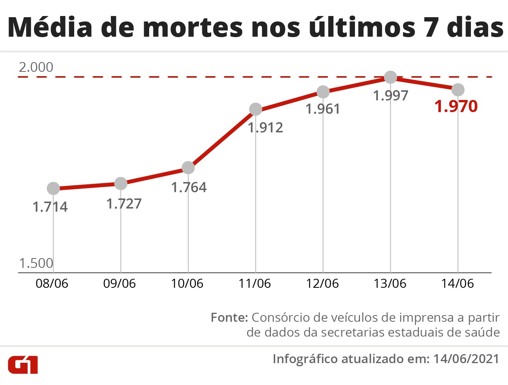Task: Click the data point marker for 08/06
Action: pyautogui.click(x=53, y=189)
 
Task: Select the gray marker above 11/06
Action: pyautogui.click(x=255, y=109)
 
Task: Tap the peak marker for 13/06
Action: pyautogui.click(x=390, y=77)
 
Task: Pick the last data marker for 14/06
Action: pyautogui.click(x=458, y=90)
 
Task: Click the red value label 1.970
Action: pyautogui.click(x=456, y=107)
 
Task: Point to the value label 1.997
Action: pyautogui.click(x=390, y=96)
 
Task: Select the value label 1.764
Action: pyautogui.click(x=189, y=187)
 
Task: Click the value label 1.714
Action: pyautogui.click(x=50, y=207)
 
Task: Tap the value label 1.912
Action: pyautogui.click(x=266, y=128)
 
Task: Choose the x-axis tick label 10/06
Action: pyautogui.click(x=187, y=283)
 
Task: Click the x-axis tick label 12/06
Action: pyautogui.click(x=322, y=283)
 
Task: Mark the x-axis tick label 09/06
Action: pyautogui.click(x=119, y=283)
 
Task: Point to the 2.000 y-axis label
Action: pyautogui.click(x=36, y=67)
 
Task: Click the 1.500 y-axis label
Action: pyautogui.click(x=36, y=263)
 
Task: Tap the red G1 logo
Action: pyautogui.click(x=23, y=364)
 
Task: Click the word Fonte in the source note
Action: pyautogui.click(x=229, y=317)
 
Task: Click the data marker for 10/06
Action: pyautogui.click(x=188, y=168)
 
